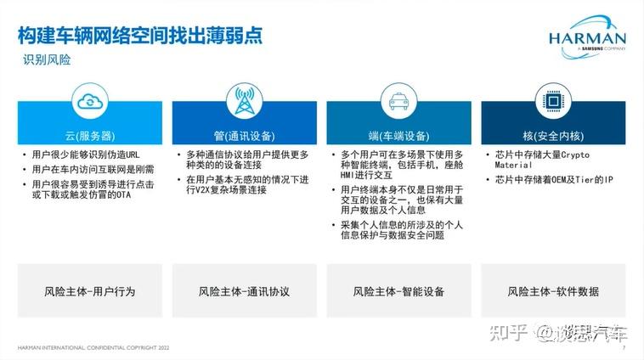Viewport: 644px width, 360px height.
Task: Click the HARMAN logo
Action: [587, 37]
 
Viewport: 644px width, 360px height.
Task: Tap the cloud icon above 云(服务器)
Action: [90, 101]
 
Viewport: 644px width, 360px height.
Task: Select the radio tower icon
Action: [245, 101]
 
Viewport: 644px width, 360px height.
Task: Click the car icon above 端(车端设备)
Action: [398, 101]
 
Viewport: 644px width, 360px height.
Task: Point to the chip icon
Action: [553, 101]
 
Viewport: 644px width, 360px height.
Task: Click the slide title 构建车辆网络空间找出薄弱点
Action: [140, 36]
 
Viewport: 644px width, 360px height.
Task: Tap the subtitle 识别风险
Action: [47, 60]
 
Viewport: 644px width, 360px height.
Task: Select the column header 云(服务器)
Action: [90, 136]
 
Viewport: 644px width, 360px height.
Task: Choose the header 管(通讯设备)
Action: [245, 136]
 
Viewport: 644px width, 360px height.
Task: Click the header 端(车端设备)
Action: [398, 136]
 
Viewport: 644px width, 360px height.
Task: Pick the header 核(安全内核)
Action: [553, 136]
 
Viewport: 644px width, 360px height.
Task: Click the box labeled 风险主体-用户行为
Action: [90, 290]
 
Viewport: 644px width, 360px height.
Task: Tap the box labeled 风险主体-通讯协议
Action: [245, 290]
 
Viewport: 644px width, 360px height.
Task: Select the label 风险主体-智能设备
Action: [398, 291]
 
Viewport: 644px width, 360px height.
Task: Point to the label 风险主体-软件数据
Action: [553, 291]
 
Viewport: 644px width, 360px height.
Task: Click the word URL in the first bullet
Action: [133, 155]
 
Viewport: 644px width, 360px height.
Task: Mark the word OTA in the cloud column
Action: [123, 195]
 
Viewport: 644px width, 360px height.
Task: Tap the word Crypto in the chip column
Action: [575, 155]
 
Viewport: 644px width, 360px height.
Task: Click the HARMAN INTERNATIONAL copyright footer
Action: [93, 347]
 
